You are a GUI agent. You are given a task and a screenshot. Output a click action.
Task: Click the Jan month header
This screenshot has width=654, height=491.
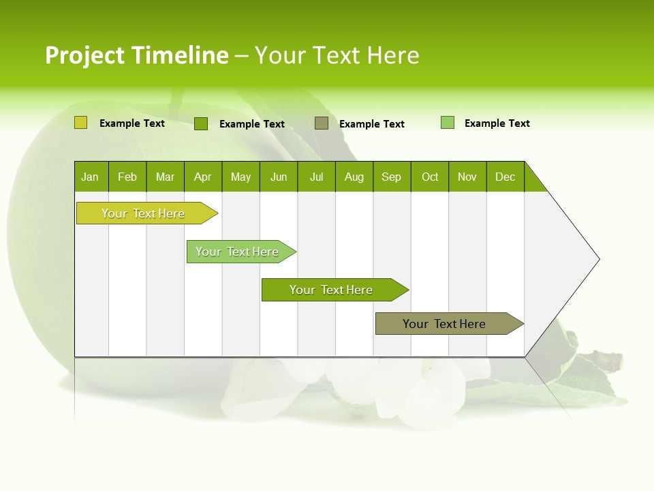coord(91,177)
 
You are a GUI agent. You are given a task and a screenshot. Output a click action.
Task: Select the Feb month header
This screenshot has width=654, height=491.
coord(127,177)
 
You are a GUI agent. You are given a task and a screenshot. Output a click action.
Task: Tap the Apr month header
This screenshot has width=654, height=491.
coord(203,177)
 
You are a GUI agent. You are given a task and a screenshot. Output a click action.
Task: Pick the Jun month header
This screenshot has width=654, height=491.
coord(279,177)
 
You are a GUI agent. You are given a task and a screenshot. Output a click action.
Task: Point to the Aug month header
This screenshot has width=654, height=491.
coord(354,177)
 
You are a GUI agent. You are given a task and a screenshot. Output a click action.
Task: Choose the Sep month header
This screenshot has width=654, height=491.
coord(392,177)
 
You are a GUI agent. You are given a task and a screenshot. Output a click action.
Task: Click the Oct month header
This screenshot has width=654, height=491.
coord(430,177)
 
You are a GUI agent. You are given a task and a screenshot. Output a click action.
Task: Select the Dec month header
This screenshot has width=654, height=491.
coord(505,177)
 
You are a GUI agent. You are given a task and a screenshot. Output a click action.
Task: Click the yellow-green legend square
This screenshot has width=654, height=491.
coord(81,123)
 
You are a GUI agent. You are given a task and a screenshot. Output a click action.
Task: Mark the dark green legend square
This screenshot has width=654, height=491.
coord(201,123)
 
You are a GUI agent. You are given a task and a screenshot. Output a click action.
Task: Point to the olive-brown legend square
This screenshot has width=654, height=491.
coord(322,123)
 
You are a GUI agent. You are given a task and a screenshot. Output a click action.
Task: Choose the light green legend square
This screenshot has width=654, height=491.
coord(448,123)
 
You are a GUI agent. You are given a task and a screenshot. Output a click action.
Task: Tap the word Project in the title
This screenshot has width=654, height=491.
coord(84,55)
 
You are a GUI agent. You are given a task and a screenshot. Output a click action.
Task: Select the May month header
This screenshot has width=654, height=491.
coord(240,177)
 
